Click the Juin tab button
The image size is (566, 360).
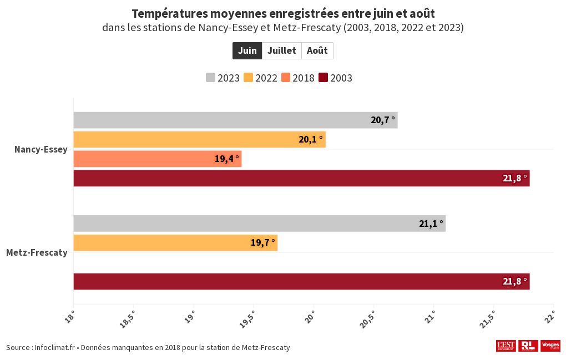click(x=247, y=50)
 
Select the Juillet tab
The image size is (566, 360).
click(x=282, y=50)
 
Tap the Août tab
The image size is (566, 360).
click(x=317, y=50)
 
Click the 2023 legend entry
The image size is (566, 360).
click(x=223, y=78)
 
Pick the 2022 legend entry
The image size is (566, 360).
click(x=260, y=78)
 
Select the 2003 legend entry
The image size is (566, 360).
click(x=336, y=78)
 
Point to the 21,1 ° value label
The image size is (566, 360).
click(x=431, y=224)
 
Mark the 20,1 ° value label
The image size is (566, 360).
click(x=310, y=139)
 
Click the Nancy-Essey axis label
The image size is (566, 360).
click(x=41, y=149)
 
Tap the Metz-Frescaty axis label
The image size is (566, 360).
click(x=37, y=252)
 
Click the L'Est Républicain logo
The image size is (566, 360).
click(x=506, y=346)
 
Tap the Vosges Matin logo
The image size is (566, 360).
click(x=550, y=346)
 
